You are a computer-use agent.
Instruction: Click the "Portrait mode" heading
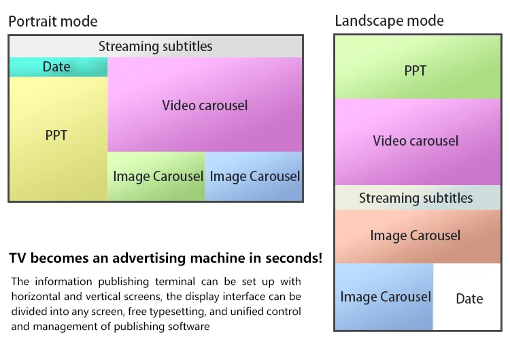point(52,22)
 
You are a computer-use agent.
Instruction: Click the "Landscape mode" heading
point(390,21)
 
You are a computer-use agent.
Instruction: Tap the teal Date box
point(58,67)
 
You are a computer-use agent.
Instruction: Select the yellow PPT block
point(58,139)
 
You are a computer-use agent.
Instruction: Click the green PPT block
point(418,67)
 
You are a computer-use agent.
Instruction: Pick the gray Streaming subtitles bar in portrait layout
point(156,46)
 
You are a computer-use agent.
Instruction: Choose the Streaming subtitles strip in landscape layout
point(418,198)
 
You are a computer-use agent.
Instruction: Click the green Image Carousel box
point(156,176)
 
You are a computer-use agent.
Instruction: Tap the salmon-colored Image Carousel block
point(418,236)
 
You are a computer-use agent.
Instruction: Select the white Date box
point(467,297)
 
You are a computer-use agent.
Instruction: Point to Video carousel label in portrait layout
point(205,105)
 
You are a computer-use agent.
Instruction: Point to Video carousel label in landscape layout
point(415,141)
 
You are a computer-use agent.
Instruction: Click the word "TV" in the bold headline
point(17,258)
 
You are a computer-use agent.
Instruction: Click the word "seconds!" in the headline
point(294,258)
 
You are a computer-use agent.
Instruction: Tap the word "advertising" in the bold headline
point(150,259)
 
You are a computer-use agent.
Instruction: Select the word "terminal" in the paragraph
point(175,282)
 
